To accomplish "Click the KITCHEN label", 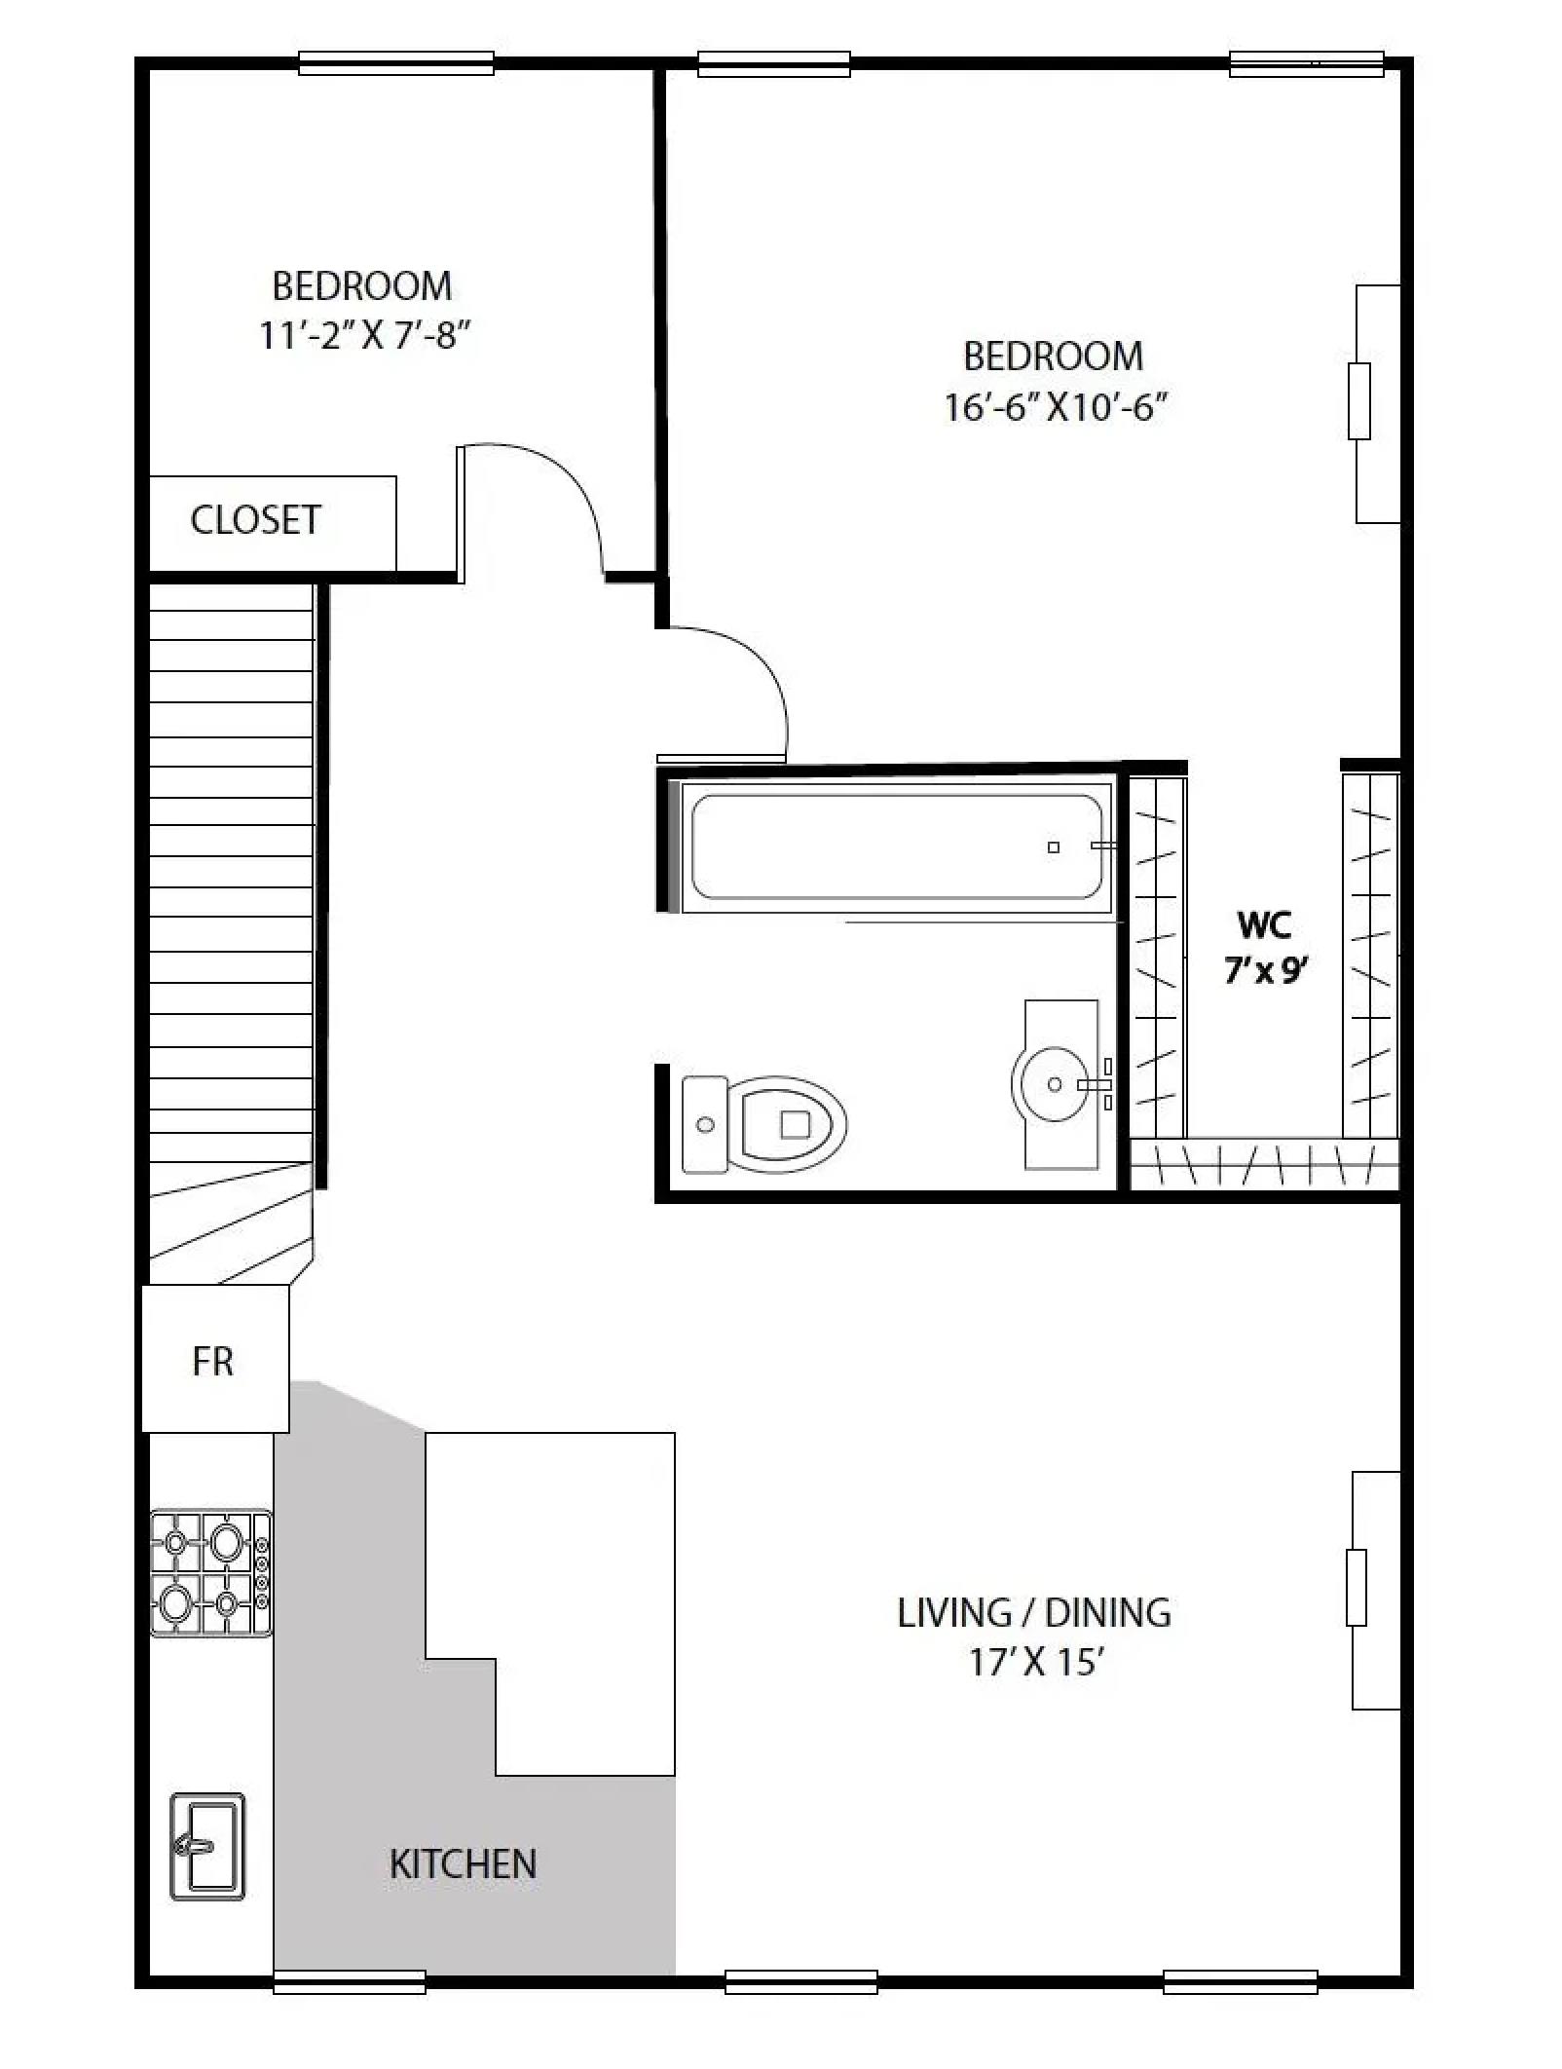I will [x=463, y=1863].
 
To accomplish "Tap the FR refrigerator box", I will [x=215, y=1360].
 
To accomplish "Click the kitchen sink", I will [x=207, y=1845].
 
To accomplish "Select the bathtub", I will [x=895, y=846].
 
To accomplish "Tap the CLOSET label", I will [x=255, y=520].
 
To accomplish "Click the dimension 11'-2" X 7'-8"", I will [x=364, y=336].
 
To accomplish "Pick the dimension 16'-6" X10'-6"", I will [x=1055, y=406].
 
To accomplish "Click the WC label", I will [x=1264, y=924].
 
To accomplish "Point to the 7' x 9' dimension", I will [x=1264, y=971].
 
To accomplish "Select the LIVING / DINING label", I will [x=1033, y=1613].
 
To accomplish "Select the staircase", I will [x=232, y=877].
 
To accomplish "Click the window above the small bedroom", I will [x=395, y=63].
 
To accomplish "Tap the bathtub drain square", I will [x=1053, y=847].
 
